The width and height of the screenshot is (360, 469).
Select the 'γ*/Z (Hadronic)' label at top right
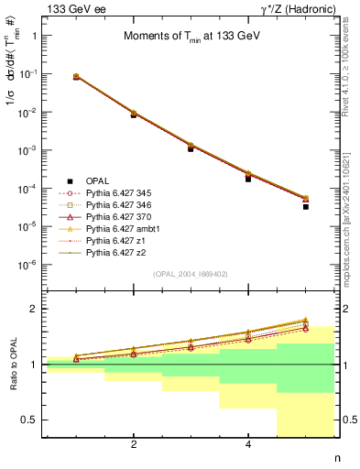[x=294, y=9]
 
